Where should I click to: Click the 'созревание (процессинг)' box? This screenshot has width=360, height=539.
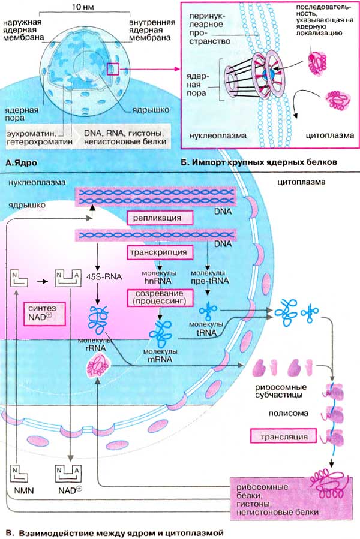(159, 296)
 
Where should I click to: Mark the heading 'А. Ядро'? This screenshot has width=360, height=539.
(21, 162)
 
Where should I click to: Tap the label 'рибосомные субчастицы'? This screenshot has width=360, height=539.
(279, 392)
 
